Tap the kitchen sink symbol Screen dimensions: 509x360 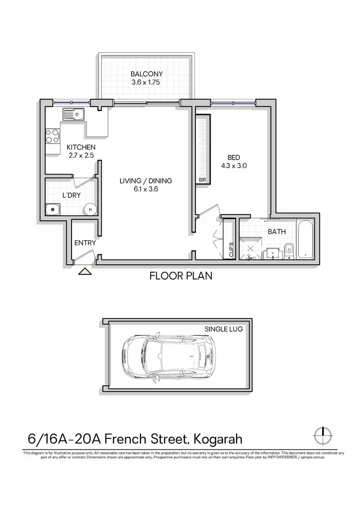[73, 114]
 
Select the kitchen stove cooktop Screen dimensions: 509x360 [52, 136]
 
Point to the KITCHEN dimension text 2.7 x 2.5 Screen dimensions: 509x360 [81, 155]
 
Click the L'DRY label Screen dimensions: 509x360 [71, 196]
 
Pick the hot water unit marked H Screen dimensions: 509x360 [90, 209]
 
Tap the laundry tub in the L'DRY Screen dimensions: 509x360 [51, 209]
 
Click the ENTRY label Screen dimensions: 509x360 [85, 243]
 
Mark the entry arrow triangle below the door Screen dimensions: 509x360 [84, 272]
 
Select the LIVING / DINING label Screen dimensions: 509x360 [146, 181]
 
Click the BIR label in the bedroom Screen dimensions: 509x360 [202, 180]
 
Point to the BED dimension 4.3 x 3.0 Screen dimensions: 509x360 [233, 166]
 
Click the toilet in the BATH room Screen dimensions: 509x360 [288, 250]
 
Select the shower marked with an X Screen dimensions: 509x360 [250, 249]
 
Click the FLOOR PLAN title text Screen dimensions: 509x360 [180, 276]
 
